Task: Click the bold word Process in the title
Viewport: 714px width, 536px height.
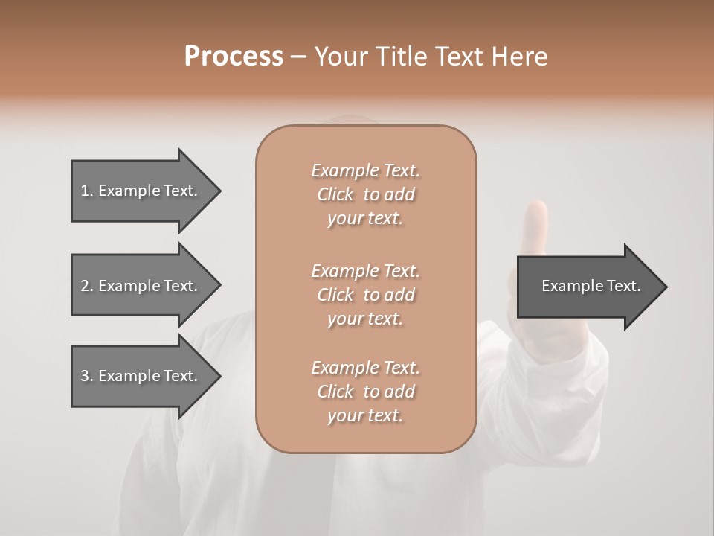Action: [x=234, y=57]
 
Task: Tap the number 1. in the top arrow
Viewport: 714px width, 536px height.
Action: [x=87, y=191]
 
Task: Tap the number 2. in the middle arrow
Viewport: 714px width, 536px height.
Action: [x=87, y=286]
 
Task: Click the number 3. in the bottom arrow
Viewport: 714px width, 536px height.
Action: [x=87, y=376]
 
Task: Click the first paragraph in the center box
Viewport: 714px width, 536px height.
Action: [x=365, y=194]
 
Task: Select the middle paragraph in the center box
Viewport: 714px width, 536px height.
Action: [x=365, y=295]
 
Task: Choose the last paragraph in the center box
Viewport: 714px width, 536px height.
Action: [x=365, y=392]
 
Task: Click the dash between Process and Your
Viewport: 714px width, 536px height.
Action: [x=299, y=57]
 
